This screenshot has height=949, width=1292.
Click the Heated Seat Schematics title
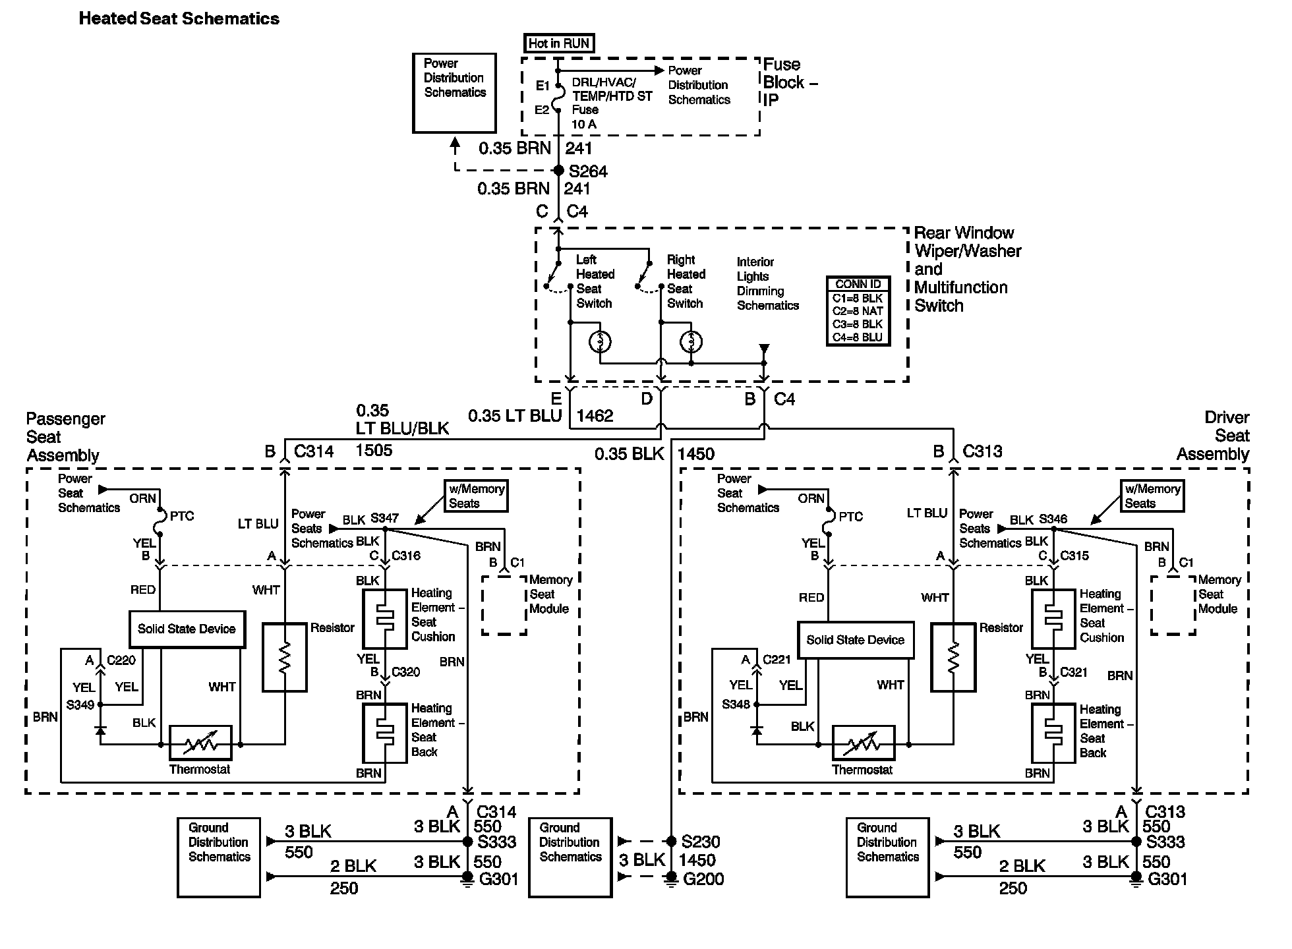[x=179, y=18]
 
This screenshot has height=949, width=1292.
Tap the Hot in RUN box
[x=559, y=43]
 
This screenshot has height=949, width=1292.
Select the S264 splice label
[x=587, y=172]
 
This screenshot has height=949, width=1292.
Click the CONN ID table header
[x=858, y=284]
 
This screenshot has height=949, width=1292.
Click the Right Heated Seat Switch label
[x=686, y=281]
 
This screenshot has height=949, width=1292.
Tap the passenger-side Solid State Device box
[x=187, y=629]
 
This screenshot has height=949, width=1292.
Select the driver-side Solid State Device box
[x=855, y=639]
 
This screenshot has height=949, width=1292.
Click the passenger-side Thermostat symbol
[x=200, y=743]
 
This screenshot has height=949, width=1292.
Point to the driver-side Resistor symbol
[x=953, y=657]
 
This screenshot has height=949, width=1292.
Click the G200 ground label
[x=703, y=879]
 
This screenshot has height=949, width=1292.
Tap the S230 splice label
[x=701, y=842]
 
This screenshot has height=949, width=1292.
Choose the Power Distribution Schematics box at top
[x=454, y=93]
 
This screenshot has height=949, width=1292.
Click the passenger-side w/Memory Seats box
[x=476, y=496]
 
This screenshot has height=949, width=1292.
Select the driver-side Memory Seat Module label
[x=1219, y=594]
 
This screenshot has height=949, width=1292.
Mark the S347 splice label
[x=384, y=519]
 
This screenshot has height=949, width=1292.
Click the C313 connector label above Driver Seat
[x=982, y=451]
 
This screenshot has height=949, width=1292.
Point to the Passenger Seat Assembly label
[x=65, y=437]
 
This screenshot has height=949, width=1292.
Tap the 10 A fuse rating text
[x=583, y=125]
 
